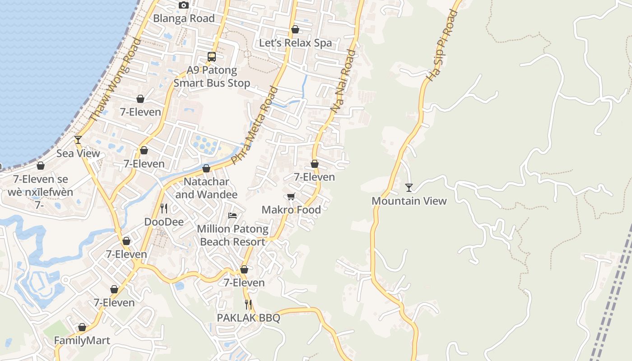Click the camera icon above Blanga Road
[x=183, y=5]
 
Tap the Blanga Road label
[x=184, y=19]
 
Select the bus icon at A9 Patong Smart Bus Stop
[x=212, y=57]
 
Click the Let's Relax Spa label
[x=295, y=43]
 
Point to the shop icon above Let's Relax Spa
[x=295, y=30]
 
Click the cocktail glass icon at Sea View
[x=78, y=140]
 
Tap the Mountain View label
[x=409, y=201]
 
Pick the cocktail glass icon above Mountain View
[x=409, y=187]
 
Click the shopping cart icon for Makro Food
[x=291, y=197]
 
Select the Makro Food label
[x=291, y=210]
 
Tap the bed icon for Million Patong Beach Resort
[x=232, y=216]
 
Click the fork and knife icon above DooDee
[x=164, y=208]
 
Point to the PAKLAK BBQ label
[x=248, y=318]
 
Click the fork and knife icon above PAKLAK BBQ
[x=248, y=305]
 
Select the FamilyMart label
[x=82, y=340]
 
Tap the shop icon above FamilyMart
[x=82, y=327]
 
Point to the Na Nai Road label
[x=343, y=81]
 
